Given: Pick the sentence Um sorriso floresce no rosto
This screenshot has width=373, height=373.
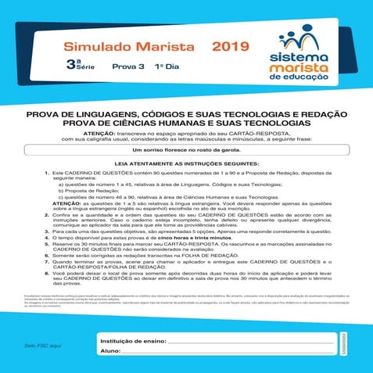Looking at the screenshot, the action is tap(186, 150).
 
